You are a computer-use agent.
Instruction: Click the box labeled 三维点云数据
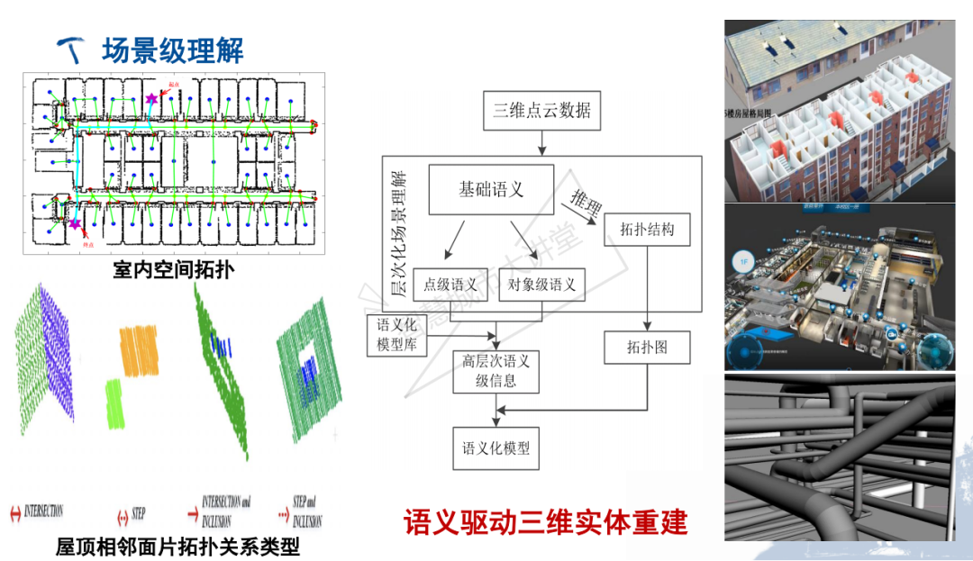(x=541, y=111)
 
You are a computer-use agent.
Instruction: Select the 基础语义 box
(x=491, y=189)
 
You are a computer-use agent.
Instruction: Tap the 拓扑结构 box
(x=647, y=230)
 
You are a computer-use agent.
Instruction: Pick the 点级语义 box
(x=450, y=285)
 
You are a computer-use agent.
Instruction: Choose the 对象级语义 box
(x=541, y=285)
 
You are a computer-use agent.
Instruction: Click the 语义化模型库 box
(x=397, y=333)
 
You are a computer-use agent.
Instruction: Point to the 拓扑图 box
(x=647, y=347)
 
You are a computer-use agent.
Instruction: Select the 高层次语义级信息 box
(x=496, y=370)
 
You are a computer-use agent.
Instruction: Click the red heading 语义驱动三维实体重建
(x=545, y=522)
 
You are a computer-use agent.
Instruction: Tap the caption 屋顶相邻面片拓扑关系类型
(x=177, y=546)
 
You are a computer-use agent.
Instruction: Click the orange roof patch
(x=139, y=349)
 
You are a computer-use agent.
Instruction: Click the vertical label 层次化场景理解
(x=397, y=234)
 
